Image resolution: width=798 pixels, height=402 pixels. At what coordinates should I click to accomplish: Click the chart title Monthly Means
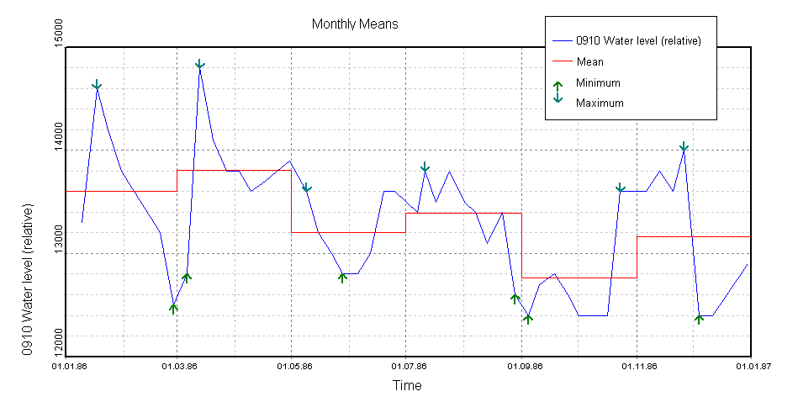355,24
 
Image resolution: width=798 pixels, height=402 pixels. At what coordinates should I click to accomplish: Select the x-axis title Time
407,385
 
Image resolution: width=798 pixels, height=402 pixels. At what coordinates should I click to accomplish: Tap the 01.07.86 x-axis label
406,366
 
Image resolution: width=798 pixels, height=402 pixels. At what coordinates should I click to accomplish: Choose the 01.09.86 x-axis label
521,366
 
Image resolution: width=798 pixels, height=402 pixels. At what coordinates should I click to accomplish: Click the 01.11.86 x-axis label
637,366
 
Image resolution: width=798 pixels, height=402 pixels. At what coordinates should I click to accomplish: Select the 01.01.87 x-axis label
750,366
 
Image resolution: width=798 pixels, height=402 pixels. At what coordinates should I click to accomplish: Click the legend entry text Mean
589,61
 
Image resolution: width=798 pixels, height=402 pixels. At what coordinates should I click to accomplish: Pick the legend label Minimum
598,82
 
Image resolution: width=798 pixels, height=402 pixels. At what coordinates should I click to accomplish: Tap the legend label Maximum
600,103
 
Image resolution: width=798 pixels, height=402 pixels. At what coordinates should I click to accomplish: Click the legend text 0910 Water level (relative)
638,40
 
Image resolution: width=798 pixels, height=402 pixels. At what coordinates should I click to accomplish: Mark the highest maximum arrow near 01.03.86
200,65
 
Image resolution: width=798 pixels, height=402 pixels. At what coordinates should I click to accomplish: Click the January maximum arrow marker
97,85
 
